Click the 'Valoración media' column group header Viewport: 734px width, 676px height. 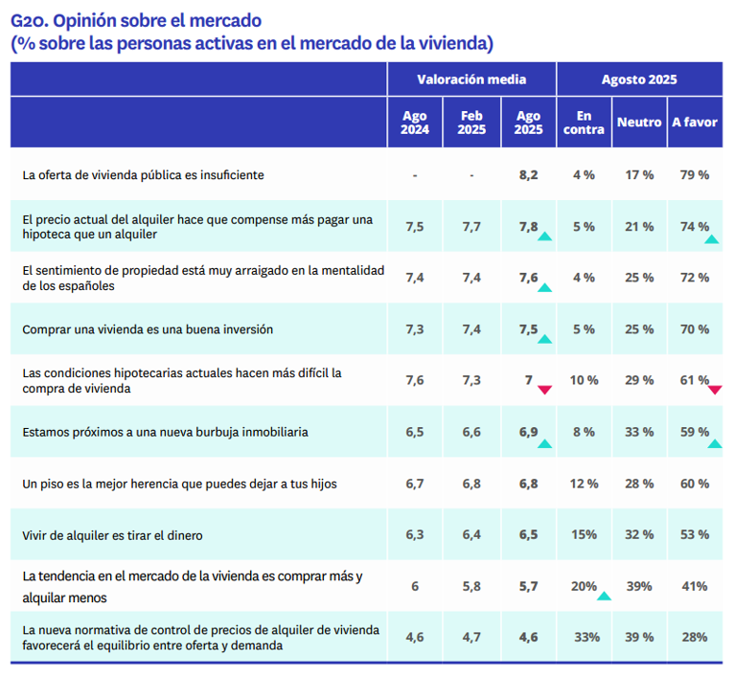[471, 79]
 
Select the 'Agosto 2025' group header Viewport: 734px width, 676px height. [639, 79]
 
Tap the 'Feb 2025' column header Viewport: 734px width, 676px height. [471, 123]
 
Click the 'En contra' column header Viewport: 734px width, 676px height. [584, 123]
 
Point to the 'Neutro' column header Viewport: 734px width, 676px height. [639, 123]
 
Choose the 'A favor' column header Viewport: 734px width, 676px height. [695, 123]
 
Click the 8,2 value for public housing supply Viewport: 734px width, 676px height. [528, 175]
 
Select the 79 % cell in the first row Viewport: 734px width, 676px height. [695, 175]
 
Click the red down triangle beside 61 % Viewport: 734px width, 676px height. [715, 390]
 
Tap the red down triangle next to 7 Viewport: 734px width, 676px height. [545, 390]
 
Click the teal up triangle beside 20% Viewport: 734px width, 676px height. [604, 596]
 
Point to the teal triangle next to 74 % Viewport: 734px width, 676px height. [712, 237]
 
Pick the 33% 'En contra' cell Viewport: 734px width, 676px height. [584, 637]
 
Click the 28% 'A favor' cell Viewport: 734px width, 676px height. [695, 637]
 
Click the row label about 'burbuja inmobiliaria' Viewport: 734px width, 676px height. [165, 432]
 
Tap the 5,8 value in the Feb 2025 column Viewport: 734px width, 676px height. [471, 586]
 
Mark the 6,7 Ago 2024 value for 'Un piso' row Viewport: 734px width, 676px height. [415, 484]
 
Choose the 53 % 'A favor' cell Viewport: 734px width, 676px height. [695, 534]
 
